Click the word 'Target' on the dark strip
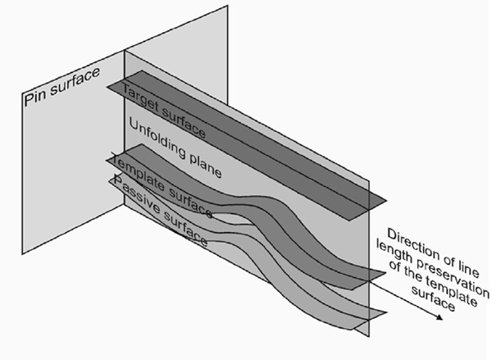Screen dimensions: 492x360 coord(141,98)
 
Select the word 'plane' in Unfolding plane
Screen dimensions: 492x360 coord(206,166)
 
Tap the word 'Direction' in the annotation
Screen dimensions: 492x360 coord(412,246)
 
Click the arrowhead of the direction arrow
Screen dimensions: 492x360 coord(440,317)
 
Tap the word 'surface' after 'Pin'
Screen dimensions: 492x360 coord(75,81)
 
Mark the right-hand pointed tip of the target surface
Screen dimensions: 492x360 coord(386,200)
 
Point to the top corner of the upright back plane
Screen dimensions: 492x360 coord(227,6)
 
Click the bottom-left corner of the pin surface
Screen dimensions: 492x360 coord(22,253)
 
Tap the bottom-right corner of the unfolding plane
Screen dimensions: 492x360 coord(369,336)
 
